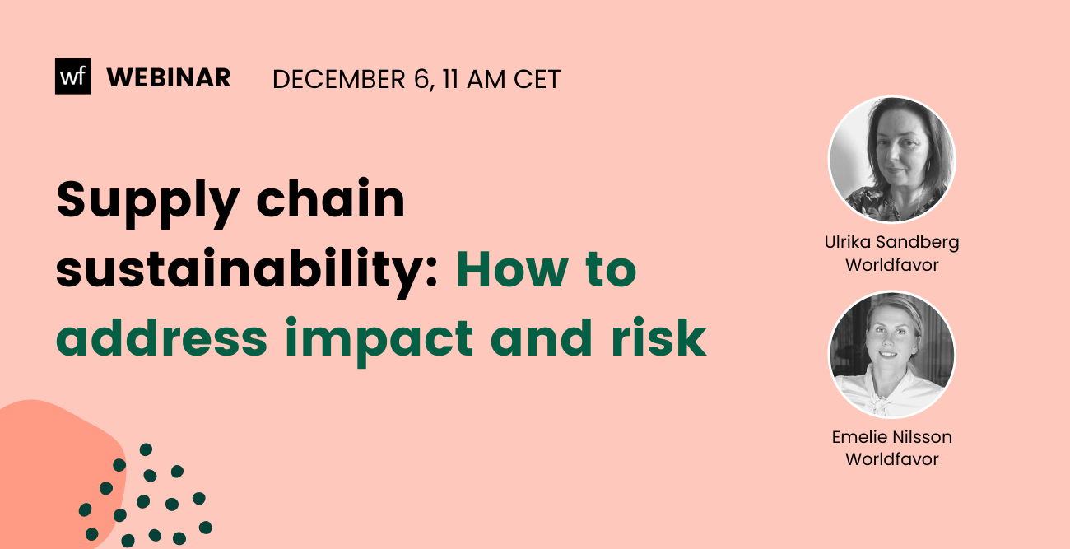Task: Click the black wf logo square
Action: pyautogui.click(x=72, y=77)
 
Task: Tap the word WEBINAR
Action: pyautogui.click(x=169, y=78)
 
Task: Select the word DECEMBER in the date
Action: pyautogui.click(x=338, y=79)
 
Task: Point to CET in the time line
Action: pyautogui.click(x=537, y=79)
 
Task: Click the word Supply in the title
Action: pyautogui.click(x=147, y=202)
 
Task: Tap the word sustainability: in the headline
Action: pyautogui.click(x=246, y=272)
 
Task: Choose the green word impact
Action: pyautogui.click(x=379, y=341)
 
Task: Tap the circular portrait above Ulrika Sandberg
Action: pyautogui.click(x=892, y=160)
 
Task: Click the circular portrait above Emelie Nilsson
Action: pyautogui.click(x=892, y=355)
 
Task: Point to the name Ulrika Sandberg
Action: pyautogui.click(x=892, y=243)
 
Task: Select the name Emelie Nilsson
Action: pyautogui.click(x=892, y=437)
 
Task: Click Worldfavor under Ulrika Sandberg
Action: pyautogui.click(x=892, y=265)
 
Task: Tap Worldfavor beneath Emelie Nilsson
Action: pyautogui.click(x=892, y=459)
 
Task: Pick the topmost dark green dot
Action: pyautogui.click(x=146, y=449)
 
